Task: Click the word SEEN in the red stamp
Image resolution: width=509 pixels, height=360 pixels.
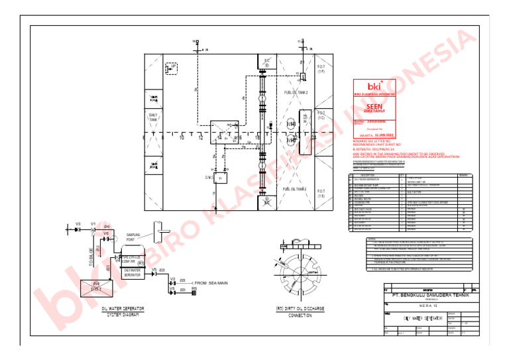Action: pyautogui.click(x=374, y=105)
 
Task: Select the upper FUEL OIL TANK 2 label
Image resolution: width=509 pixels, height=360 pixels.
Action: pyautogui.click(x=296, y=93)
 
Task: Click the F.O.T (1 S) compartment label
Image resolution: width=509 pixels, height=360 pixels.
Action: pyautogui.click(x=321, y=196)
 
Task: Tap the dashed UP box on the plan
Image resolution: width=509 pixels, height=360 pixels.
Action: pyautogui.click(x=171, y=68)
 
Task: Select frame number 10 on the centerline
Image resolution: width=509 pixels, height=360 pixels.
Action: pyautogui.click(x=182, y=138)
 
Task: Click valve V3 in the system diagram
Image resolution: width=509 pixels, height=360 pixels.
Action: pyautogui.click(x=78, y=224)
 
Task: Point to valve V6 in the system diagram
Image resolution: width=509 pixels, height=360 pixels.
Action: pyautogui.click(x=106, y=234)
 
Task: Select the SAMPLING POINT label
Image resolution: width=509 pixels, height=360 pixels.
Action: pyautogui.click(x=135, y=237)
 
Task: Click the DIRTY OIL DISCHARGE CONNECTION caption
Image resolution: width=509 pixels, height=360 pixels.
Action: pyautogui.click(x=300, y=312)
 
